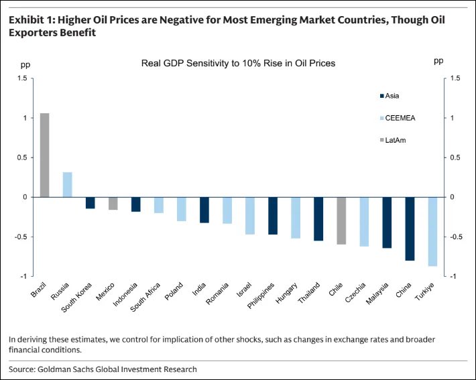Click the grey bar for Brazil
[x=44, y=155]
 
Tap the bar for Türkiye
[x=433, y=231]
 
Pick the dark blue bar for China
[x=410, y=229]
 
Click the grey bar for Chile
[x=341, y=220]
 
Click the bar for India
[x=204, y=210]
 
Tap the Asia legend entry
[x=393, y=95]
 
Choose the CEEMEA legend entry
[x=397, y=117]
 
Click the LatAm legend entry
[x=395, y=139]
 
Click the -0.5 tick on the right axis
[x=458, y=237]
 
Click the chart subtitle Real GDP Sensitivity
[x=238, y=63]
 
